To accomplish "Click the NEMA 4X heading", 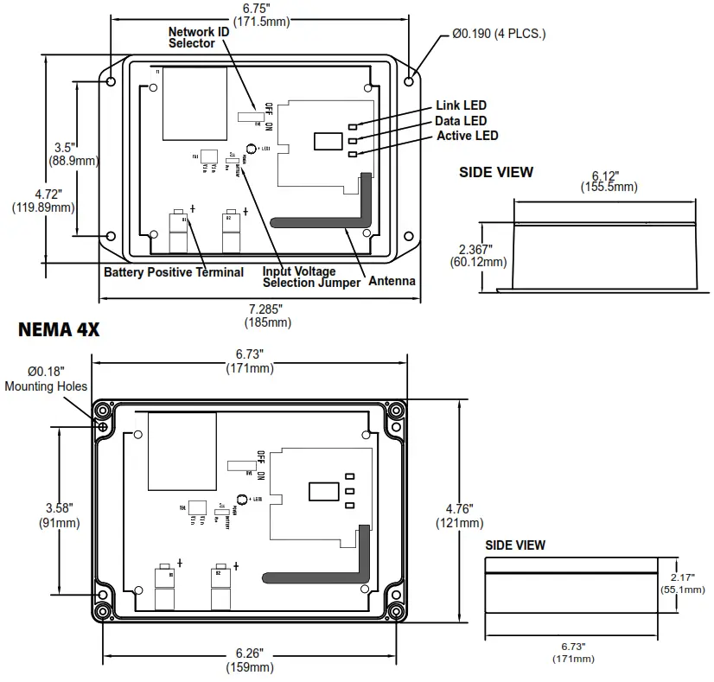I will coord(59,330).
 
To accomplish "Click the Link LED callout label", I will coord(462,105).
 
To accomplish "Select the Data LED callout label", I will coord(461,121).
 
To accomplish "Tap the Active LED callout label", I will coord(467,136).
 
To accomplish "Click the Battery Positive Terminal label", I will coord(174,272).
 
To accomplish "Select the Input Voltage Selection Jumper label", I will coord(311,277).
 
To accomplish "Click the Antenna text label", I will coord(392,281).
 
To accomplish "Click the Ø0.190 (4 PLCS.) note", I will coord(499,34).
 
